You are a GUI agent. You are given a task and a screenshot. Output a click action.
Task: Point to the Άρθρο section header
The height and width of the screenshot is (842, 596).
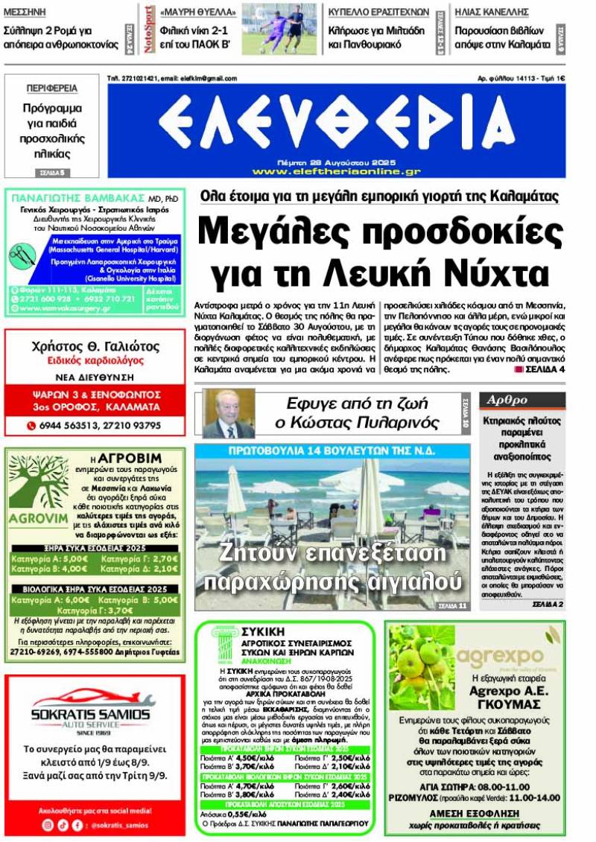(x=507, y=401)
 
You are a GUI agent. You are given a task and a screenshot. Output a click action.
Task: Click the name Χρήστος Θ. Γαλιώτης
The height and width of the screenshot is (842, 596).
(x=95, y=346)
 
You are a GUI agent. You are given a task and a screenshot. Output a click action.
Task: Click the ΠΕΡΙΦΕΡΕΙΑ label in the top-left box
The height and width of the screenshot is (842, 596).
(x=51, y=89)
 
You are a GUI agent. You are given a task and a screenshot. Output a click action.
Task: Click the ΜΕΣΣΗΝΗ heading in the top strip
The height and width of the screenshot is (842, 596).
(x=25, y=11)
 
